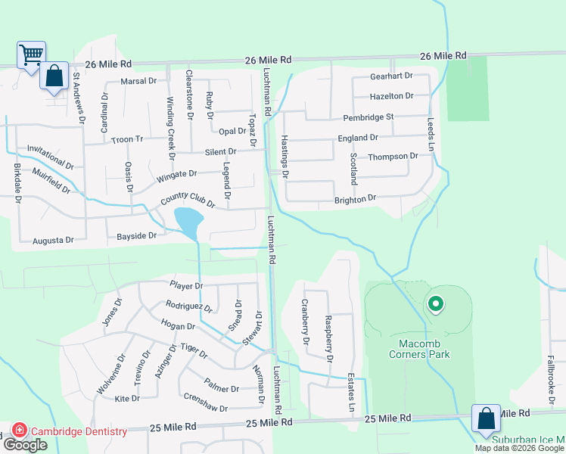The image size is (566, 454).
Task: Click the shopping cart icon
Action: (32, 54)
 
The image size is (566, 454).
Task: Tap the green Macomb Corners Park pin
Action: (435, 305)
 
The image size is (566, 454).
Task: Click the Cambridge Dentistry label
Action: (79, 431)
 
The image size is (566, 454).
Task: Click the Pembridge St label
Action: (369, 117)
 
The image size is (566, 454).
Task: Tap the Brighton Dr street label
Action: (356, 198)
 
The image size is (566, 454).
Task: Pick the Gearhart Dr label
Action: (391, 76)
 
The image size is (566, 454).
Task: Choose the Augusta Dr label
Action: (53, 241)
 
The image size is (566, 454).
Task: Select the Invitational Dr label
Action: (50, 158)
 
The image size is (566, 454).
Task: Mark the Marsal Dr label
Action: (138, 80)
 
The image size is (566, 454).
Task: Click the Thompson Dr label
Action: (393, 157)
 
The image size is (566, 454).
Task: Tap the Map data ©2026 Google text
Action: (519, 448)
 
